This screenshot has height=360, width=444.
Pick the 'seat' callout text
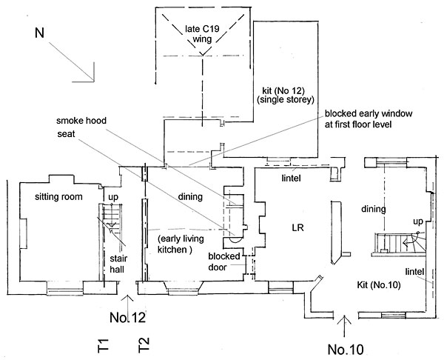66,134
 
